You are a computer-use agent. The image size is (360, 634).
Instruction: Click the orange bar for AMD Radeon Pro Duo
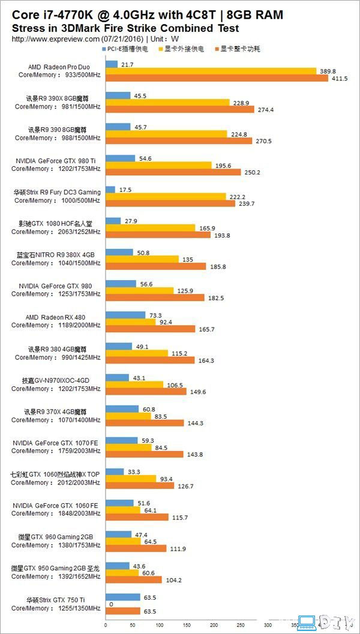point(217,79)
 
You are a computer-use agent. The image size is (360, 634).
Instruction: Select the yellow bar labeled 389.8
point(211,71)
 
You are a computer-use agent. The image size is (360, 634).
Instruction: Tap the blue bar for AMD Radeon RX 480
point(125,314)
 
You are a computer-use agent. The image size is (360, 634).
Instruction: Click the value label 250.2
point(251,172)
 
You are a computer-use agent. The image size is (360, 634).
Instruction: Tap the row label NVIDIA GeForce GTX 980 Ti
point(58,161)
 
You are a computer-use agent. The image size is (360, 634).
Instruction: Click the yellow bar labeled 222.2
point(166,196)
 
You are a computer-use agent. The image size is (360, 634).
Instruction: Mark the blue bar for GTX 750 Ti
point(122,597)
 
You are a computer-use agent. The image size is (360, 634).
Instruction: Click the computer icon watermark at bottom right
point(308,622)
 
